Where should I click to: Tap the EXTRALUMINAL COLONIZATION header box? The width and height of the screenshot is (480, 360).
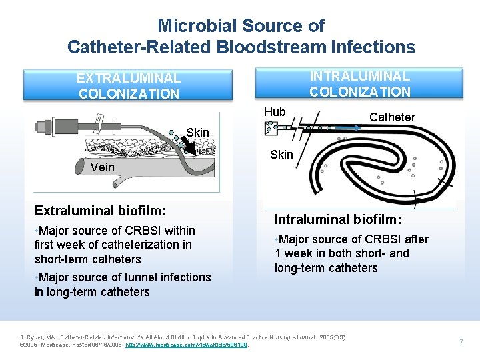click(129, 85)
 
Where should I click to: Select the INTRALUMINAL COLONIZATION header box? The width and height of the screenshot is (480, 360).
click(360, 83)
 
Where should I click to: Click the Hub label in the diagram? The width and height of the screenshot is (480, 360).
click(274, 112)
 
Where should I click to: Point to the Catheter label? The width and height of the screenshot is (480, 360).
click(392, 117)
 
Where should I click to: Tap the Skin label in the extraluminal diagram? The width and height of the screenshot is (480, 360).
click(198, 132)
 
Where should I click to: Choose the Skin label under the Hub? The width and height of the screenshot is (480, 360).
click(281, 155)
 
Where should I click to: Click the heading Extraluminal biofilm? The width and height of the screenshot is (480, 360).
click(100, 211)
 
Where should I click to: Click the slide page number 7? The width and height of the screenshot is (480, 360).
click(461, 341)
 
